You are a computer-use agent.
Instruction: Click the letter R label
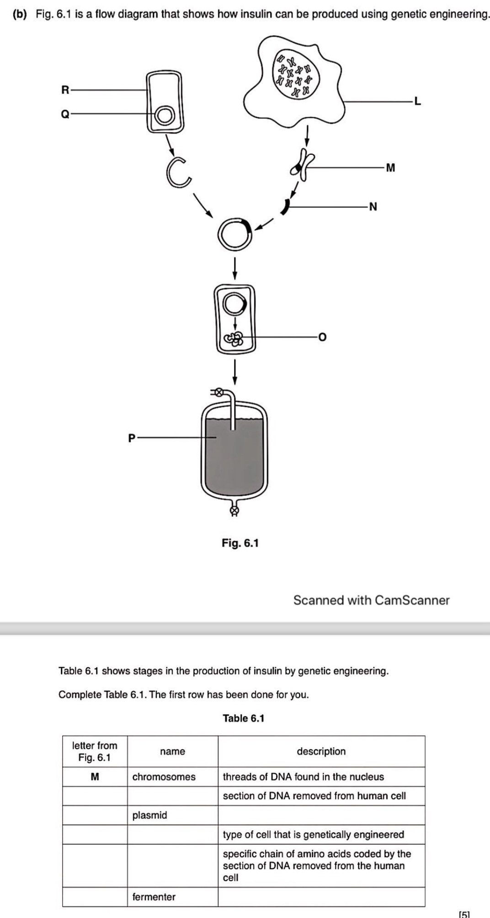coord(65,90)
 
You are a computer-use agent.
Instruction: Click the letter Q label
coord(65,114)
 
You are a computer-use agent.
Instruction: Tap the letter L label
coord(417,101)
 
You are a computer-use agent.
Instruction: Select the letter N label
coord(373,207)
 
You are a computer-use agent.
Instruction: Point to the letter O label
coord(323,338)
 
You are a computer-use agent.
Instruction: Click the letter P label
coord(132,438)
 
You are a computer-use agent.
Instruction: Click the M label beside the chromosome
coord(390,168)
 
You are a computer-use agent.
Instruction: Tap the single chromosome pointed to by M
coord(303,163)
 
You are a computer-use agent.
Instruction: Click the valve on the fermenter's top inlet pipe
coord(219,392)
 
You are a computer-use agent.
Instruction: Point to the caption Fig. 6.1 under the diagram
coord(240,543)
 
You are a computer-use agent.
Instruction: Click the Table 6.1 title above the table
coord(244,718)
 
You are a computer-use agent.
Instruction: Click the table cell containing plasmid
coord(172,815)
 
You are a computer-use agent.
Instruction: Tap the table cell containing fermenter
coord(172,897)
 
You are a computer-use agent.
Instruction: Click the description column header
coord(321,751)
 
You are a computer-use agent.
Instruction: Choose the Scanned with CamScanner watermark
coord(371,600)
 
